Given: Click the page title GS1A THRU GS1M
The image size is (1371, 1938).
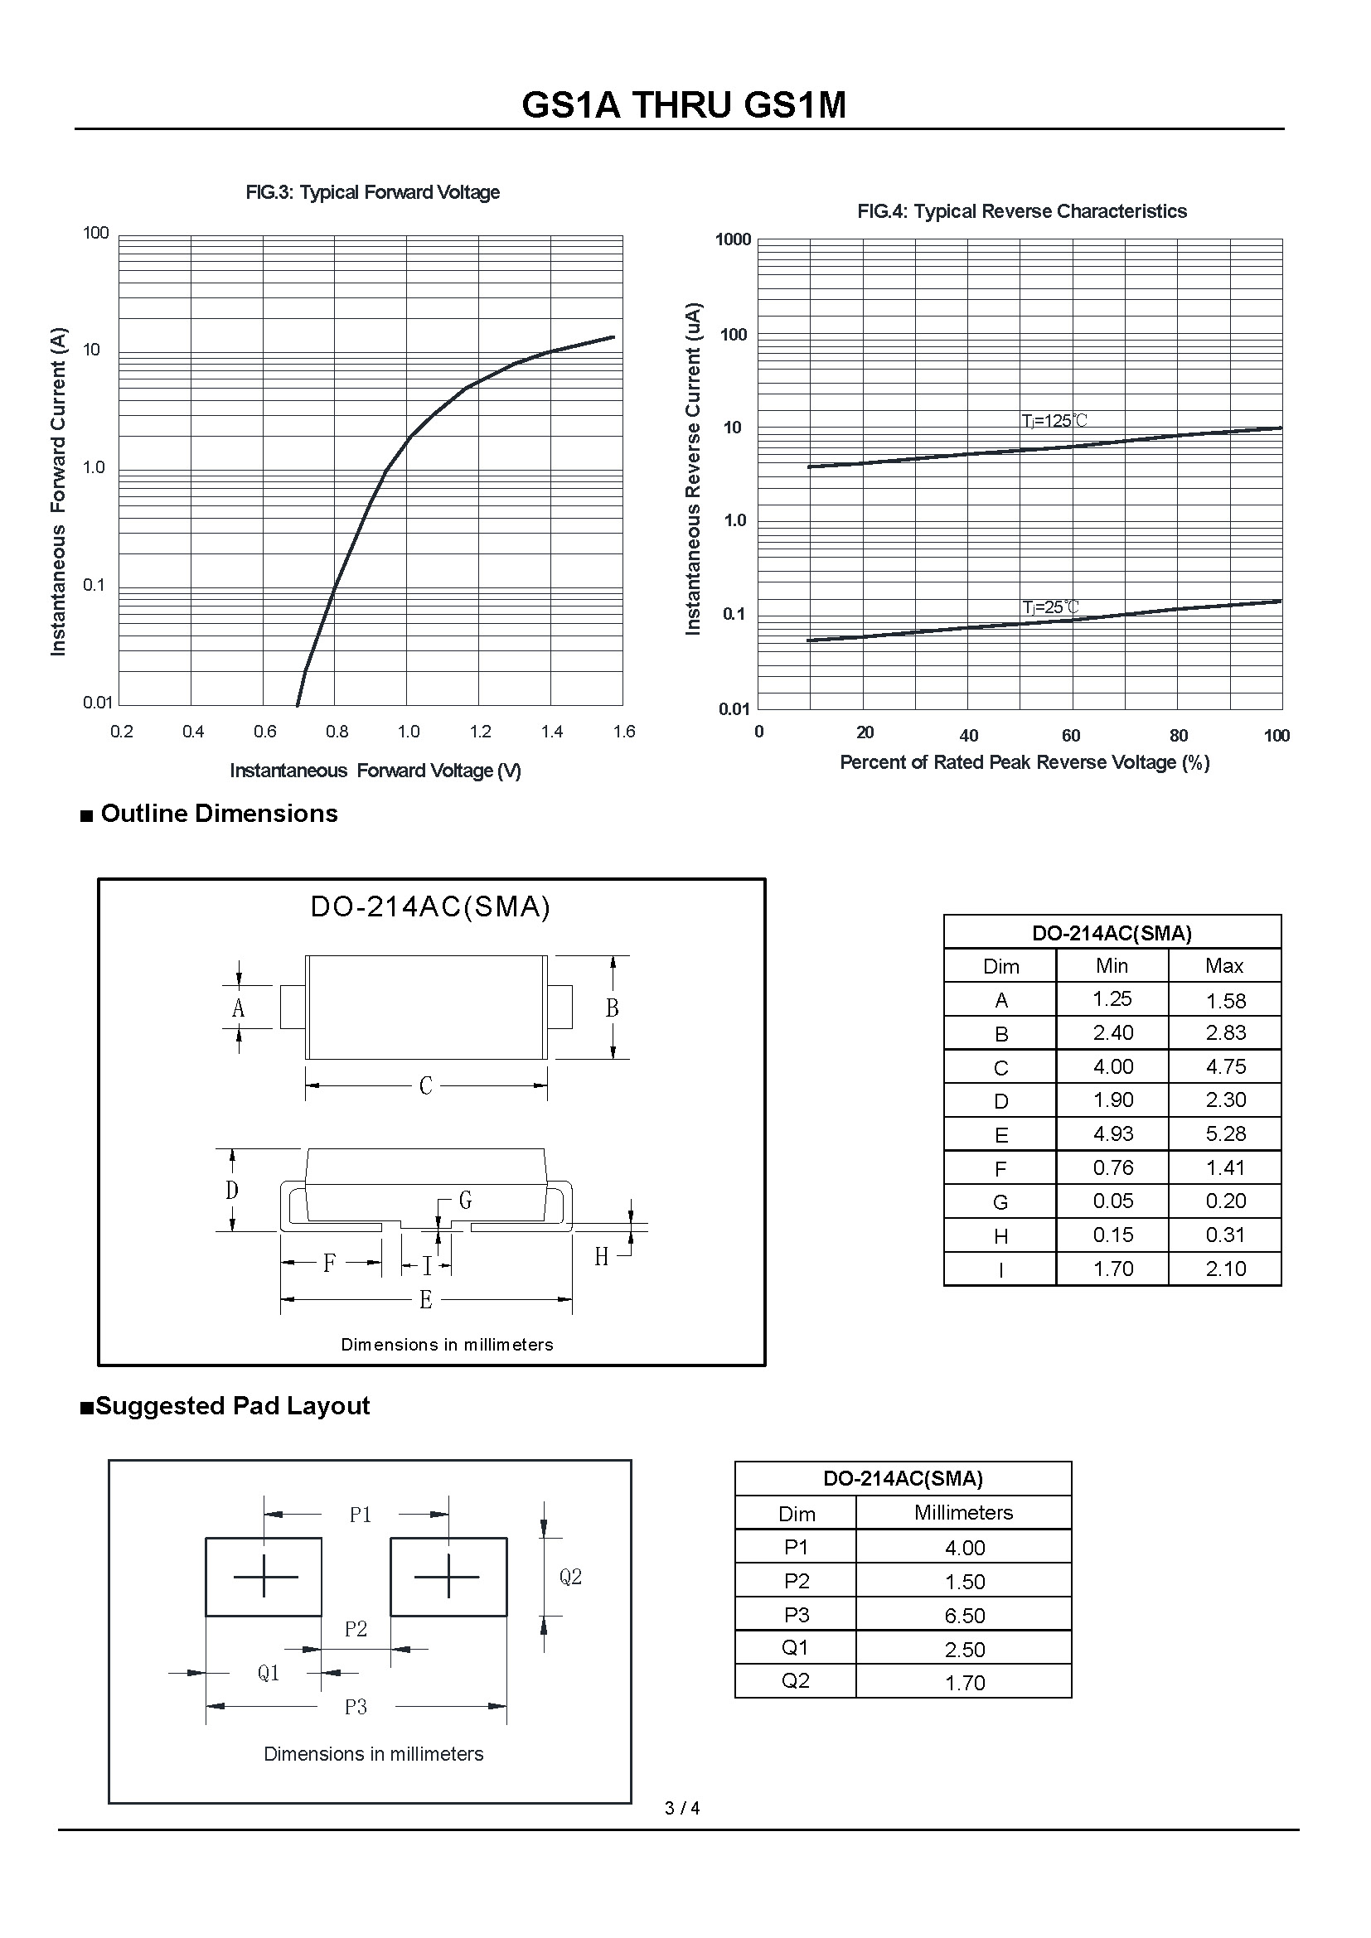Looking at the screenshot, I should coord(684,105).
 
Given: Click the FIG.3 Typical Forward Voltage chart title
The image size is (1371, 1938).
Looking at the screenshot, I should coord(372,192).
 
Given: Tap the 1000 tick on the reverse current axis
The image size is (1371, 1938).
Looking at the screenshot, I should coord(733,239).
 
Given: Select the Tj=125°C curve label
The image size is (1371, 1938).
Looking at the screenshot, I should coord(1054,420).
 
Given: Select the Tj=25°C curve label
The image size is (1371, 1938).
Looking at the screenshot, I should coord(1050,607).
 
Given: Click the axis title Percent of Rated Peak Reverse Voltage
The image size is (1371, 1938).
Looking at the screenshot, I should coord(1024,762).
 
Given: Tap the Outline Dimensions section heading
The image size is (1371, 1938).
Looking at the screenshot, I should coord(219,814).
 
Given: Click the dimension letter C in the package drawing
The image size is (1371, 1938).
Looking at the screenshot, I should coord(425,1085).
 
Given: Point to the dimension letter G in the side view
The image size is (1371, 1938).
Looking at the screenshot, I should coord(465,1200).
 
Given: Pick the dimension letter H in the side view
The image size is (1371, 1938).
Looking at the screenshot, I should coord(601,1257).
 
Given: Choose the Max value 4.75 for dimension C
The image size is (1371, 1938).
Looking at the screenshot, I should coord(1225,1067).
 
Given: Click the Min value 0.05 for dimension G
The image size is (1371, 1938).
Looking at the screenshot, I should coord(1112,1201).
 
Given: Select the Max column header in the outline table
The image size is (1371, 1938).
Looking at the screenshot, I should coord(1224,965).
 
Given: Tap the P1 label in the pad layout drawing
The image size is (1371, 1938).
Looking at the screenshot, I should coord(361,1515).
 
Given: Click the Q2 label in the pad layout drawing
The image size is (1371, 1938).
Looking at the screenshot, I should coord(570,1577).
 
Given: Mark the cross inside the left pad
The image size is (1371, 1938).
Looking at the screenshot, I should coord(264,1576).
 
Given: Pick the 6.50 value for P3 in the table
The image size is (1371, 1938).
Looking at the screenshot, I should coord(964,1616).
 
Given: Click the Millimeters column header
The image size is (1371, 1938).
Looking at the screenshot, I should coord(963,1513).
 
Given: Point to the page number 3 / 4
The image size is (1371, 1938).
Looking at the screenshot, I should coord(682,1808).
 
